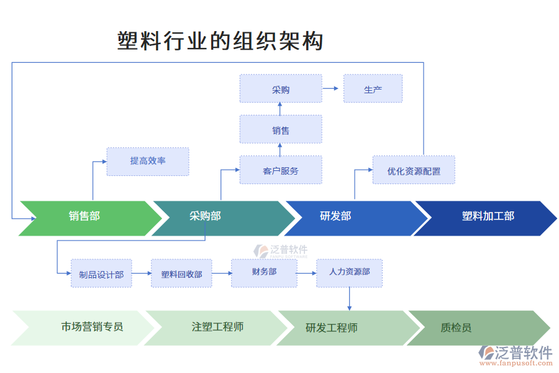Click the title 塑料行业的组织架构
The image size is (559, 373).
point(220,41)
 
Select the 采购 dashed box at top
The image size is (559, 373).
point(281,89)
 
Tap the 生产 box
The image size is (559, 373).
point(373,89)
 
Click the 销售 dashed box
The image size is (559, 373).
point(281,130)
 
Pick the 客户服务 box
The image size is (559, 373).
point(281,170)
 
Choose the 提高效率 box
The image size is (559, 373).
point(148,161)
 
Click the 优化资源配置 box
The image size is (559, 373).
point(414,170)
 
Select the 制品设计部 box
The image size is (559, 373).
point(101,274)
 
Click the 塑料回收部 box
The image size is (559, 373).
point(181,274)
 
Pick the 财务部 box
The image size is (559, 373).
point(264,272)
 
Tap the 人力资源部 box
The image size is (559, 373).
point(349,272)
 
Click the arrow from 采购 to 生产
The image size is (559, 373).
point(332,89)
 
